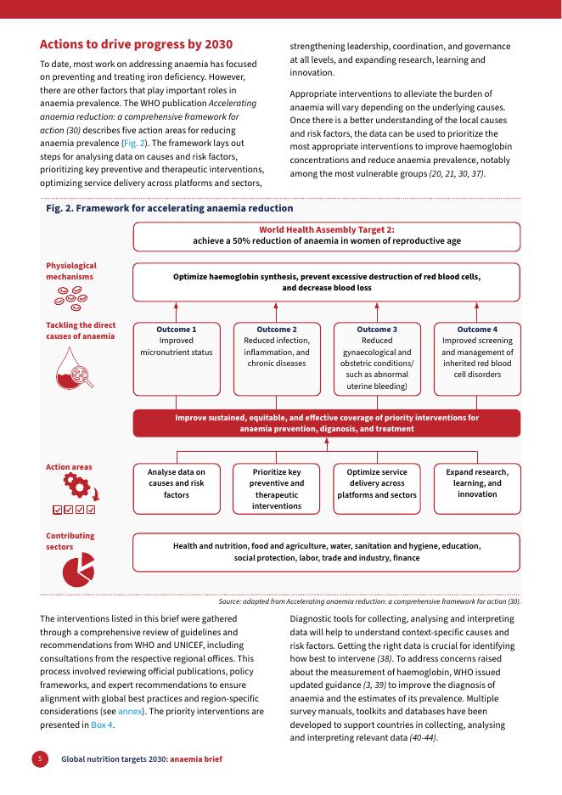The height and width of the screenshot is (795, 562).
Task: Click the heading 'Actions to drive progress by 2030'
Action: (x=136, y=44)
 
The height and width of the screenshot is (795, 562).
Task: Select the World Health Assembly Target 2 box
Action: (x=326, y=235)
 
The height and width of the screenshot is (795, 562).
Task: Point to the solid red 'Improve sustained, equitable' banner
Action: (x=326, y=423)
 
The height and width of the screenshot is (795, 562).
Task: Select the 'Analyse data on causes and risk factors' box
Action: (x=177, y=488)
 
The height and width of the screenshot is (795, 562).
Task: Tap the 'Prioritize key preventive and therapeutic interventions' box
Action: (x=277, y=488)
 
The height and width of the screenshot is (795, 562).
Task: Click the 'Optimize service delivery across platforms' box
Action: (x=376, y=488)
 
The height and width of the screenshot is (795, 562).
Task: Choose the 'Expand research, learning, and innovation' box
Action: (x=476, y=488)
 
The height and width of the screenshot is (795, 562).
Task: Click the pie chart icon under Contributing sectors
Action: (x=77, y=572)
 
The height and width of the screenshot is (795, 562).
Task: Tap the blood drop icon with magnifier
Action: (x=73, y=368)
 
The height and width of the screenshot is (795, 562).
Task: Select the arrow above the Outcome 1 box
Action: (x=177, y=310)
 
